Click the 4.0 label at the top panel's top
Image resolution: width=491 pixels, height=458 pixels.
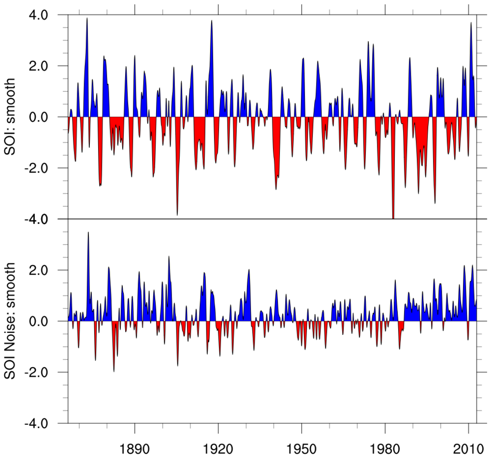pyautogui.click(x=47, y=15)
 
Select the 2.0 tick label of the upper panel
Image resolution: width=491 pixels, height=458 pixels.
pyautogui.click(x=47, y=66)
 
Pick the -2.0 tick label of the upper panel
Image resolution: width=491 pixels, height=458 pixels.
pyautogui.click(x=45, y=168)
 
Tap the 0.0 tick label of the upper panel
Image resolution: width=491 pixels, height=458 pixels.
pyautogui.click(x=47, y=117)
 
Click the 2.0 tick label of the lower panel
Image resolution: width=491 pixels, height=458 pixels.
pyautogui.click(x=47, y=271)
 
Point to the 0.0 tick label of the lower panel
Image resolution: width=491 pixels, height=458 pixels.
pyautogui.click(x=47, y=321)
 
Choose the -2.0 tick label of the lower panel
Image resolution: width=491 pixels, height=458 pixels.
pyautogui.click(x=45, y=372)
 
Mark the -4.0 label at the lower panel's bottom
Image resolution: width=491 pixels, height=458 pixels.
pyautogui.click(x=45, y=424)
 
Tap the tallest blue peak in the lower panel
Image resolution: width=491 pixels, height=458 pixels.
pyautogui.click(x=88, y=233)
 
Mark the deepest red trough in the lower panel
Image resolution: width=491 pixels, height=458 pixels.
pyautogui.click(x=114, y=371)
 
